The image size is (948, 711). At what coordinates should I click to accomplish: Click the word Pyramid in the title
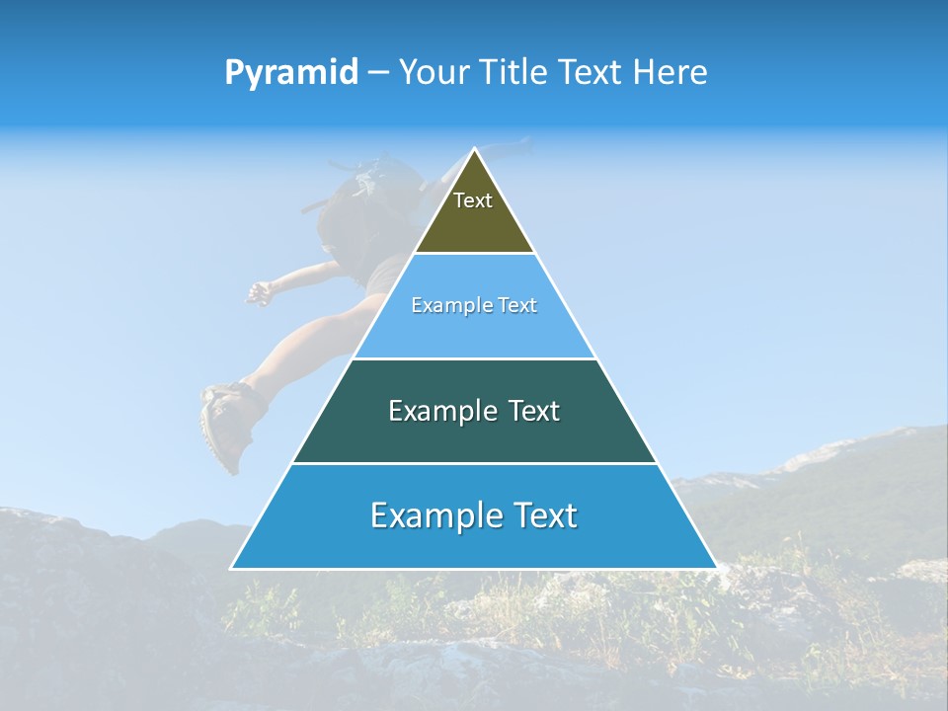click(x=290, y=73)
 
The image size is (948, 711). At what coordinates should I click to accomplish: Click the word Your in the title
click(x=434, y=72)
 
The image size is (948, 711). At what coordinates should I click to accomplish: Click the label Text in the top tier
click(x=473, y=200)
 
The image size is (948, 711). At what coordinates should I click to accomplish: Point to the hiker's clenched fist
click(x=259, y=292)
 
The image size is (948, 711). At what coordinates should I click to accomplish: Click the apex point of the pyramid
click(x=475, y=150)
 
